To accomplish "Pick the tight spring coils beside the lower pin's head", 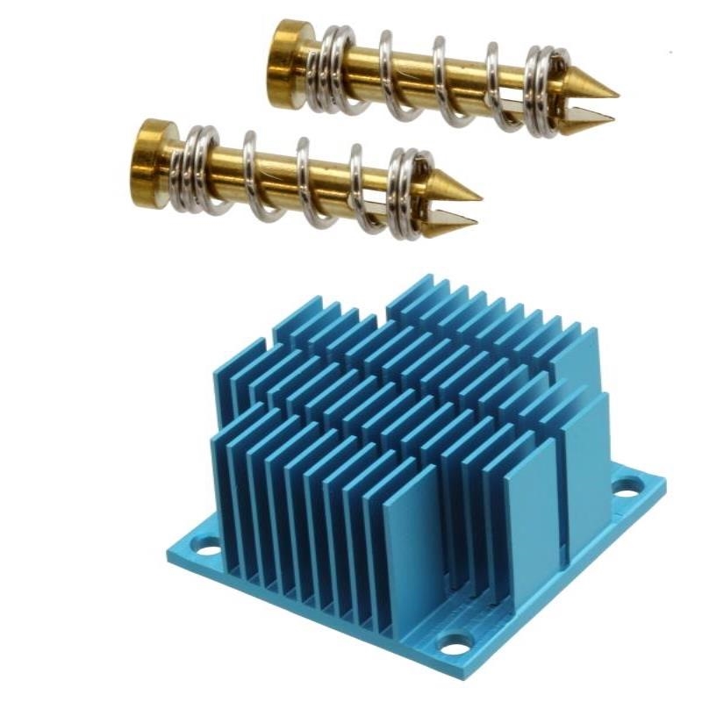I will (x=198, y=168).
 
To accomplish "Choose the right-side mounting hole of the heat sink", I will (x=627, y=488).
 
